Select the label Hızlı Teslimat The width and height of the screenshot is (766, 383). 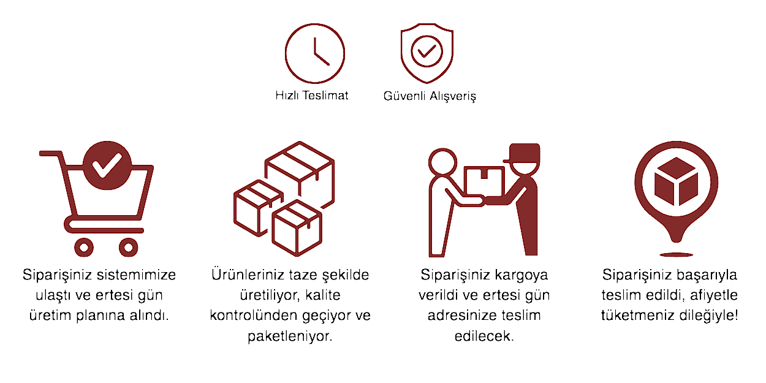point(312,96)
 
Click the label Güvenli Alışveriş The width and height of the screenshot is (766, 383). point(430,96)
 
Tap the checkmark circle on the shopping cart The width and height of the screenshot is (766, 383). point(107,165)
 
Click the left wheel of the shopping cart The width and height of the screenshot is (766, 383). point(84,247)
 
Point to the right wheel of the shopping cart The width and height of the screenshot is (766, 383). point(128,247)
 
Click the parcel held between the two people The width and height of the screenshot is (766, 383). point(484,181)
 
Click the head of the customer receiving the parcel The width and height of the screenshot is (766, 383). point(443,162)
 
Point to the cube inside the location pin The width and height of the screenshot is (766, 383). point(676,181)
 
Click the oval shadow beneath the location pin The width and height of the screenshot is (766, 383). point(676,255)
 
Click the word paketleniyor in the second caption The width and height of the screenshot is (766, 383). point(290,336)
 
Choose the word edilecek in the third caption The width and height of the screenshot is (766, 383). point(484,336)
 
